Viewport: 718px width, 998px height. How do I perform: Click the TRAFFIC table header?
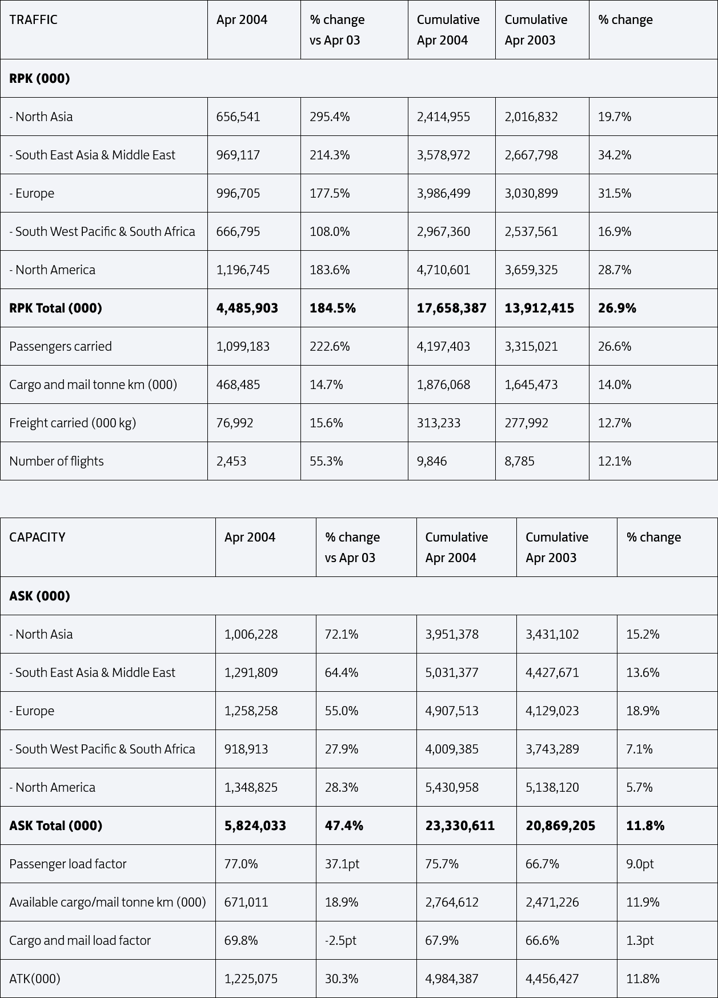pos(33,19)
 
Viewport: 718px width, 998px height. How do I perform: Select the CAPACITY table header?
pos(37,537)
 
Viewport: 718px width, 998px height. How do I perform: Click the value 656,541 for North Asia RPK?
pos(238,117)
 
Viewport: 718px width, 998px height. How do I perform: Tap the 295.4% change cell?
pos(330,117)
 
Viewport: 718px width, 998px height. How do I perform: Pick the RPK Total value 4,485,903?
pos(247,308)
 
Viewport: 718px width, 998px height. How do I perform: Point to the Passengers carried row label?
pos(61,346)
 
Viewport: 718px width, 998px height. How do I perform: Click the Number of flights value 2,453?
pos(231,461)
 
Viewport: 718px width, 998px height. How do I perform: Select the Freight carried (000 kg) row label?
pos(73,423)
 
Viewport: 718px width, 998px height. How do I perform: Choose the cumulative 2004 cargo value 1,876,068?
pos(443,384)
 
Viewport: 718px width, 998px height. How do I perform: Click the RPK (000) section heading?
pos(39,78)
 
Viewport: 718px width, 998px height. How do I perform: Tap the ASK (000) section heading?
pos(39,596)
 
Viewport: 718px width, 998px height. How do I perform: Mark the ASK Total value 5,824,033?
pos(255,825)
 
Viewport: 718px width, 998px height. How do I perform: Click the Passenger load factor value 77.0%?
pos(241,864)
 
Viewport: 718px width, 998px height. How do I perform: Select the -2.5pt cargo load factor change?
pos(340,940)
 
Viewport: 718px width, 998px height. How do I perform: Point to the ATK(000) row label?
pos(35,979)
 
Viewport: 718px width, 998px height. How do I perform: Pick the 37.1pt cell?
pos(342,864)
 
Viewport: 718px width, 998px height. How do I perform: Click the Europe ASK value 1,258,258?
pos(251,711)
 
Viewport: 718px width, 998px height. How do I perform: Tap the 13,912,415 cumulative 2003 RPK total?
pos(539,308)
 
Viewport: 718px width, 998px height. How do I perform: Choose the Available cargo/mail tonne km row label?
pos(107,902)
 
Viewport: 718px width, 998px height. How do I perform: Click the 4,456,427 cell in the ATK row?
pos(552,979)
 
